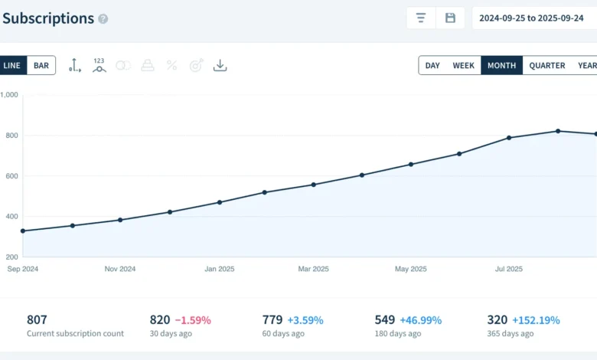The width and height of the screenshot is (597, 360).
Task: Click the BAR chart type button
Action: pos(41,66)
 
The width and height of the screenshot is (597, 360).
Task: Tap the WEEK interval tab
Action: pos(463,66)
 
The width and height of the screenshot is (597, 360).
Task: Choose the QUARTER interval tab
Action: pos(546,66)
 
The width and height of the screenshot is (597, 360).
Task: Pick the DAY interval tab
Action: pos(432,66)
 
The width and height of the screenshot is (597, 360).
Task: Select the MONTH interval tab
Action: pos(502,66)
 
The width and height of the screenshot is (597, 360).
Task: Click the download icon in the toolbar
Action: pos(220,66)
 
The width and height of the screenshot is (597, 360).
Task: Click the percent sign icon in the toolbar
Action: pos(171,66)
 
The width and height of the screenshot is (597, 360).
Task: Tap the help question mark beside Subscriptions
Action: pos(103,19)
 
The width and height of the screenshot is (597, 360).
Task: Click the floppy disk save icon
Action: pos(450,18)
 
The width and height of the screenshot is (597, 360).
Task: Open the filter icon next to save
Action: pos(421,18)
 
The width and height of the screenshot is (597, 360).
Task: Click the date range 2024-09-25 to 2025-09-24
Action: pos(531,18)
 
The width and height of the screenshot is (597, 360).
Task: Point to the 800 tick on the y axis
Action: pos(11,136)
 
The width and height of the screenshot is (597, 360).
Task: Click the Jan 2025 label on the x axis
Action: pos(220,269)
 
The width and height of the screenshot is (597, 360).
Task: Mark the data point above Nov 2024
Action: pos(120,220)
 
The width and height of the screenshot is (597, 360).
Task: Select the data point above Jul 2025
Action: pos(509,138)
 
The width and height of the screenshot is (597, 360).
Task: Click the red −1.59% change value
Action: pos(193,320)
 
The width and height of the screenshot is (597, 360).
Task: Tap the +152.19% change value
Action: pos(536,320)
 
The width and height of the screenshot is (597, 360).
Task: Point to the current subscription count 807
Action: pos(37,319)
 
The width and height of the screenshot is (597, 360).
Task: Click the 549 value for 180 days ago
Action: pos(384,319)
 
